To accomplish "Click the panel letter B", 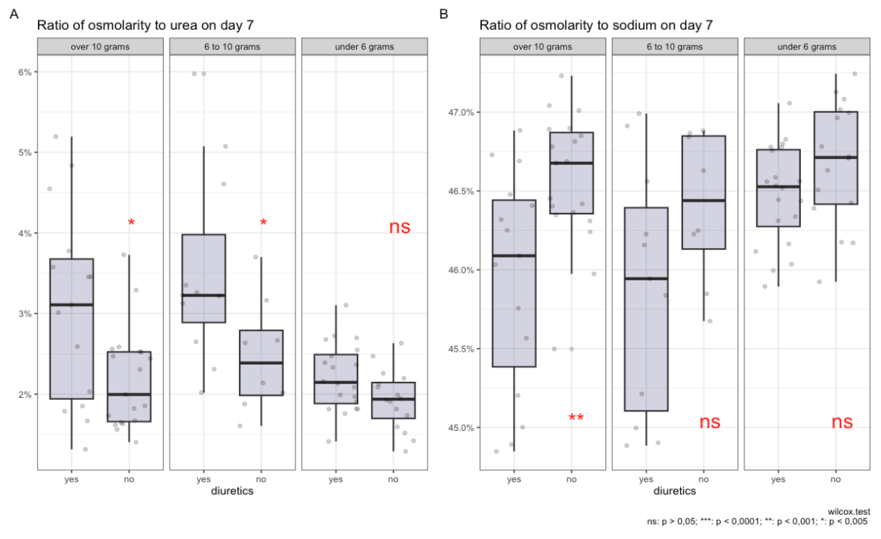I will [443, 14].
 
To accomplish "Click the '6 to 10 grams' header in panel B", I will [674, 47].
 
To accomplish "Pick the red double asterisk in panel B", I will [576, 417].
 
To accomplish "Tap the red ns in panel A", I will [399, 227].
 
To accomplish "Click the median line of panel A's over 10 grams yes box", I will [72, 305].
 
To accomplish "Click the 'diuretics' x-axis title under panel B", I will [674, 491].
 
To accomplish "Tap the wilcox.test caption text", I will [849, 512].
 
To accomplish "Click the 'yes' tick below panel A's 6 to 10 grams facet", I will [204, 479].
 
